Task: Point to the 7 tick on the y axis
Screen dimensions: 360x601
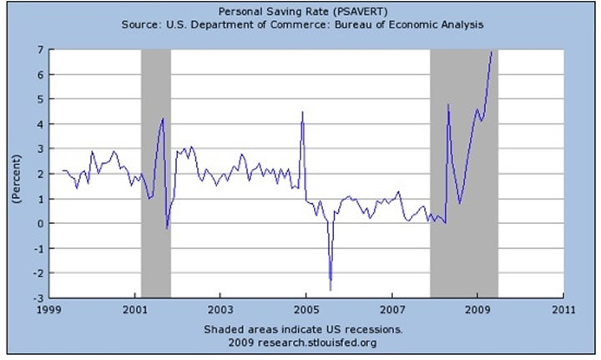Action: pos(39,50)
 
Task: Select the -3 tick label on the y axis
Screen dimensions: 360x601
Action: pos(37,298)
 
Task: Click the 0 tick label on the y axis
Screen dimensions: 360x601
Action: pos(39,224)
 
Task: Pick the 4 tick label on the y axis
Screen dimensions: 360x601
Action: pos(39,124)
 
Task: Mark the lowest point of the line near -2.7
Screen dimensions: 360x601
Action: pos(331,290)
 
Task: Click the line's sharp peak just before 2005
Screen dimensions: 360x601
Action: pos(302,112)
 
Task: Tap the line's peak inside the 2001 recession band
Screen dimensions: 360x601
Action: pos(163,119)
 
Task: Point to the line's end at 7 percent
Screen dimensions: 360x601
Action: pos(492,51)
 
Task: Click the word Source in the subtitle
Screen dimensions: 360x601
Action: pos(139,25)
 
